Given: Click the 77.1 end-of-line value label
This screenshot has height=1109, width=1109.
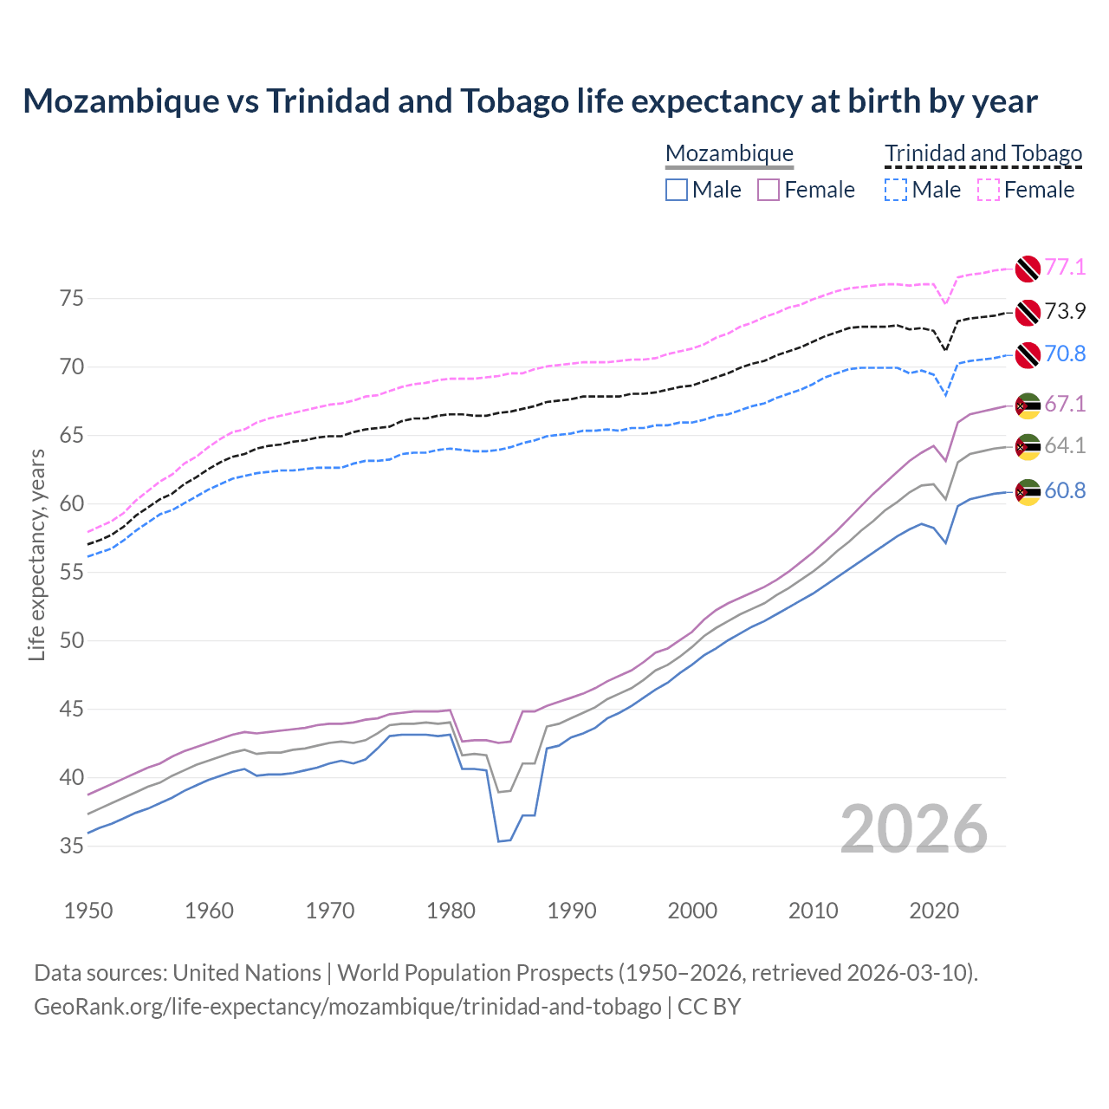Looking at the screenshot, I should (1065, 267).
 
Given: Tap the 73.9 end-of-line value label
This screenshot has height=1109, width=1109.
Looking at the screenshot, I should (1065, 311).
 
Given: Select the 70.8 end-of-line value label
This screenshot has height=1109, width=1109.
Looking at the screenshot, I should (1065, 353).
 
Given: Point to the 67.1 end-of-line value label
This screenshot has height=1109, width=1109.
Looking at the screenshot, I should (1065, 404).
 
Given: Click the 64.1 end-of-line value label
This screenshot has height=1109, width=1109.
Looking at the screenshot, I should (1065, 445).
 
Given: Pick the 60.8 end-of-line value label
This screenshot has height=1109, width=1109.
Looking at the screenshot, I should (1065, 490).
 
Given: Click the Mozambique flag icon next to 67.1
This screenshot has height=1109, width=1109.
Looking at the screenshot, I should (1028, 405).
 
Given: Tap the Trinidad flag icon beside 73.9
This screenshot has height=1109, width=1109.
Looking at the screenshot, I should (1028, 312).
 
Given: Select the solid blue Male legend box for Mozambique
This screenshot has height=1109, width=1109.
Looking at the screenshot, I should (677, 190).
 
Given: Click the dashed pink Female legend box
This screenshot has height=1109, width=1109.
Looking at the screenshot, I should (989, 190).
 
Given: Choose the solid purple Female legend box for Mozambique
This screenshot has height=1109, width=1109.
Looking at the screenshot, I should (769, 190).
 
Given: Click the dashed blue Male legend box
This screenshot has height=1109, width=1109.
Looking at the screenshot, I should (896, 190).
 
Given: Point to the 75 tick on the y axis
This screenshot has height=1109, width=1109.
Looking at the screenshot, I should (72, 299).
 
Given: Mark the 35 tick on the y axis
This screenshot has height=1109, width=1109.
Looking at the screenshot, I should (72, 846).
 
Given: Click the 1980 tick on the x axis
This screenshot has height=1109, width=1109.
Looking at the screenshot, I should (451, 911).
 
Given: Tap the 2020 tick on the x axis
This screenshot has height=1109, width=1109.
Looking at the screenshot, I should (934, 911).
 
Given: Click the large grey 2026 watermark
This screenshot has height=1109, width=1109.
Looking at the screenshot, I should (914, 829).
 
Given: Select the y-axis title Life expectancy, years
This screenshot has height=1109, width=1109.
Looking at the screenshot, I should (36, 554).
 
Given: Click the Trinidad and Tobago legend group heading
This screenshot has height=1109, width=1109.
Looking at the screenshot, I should (983, 153).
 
